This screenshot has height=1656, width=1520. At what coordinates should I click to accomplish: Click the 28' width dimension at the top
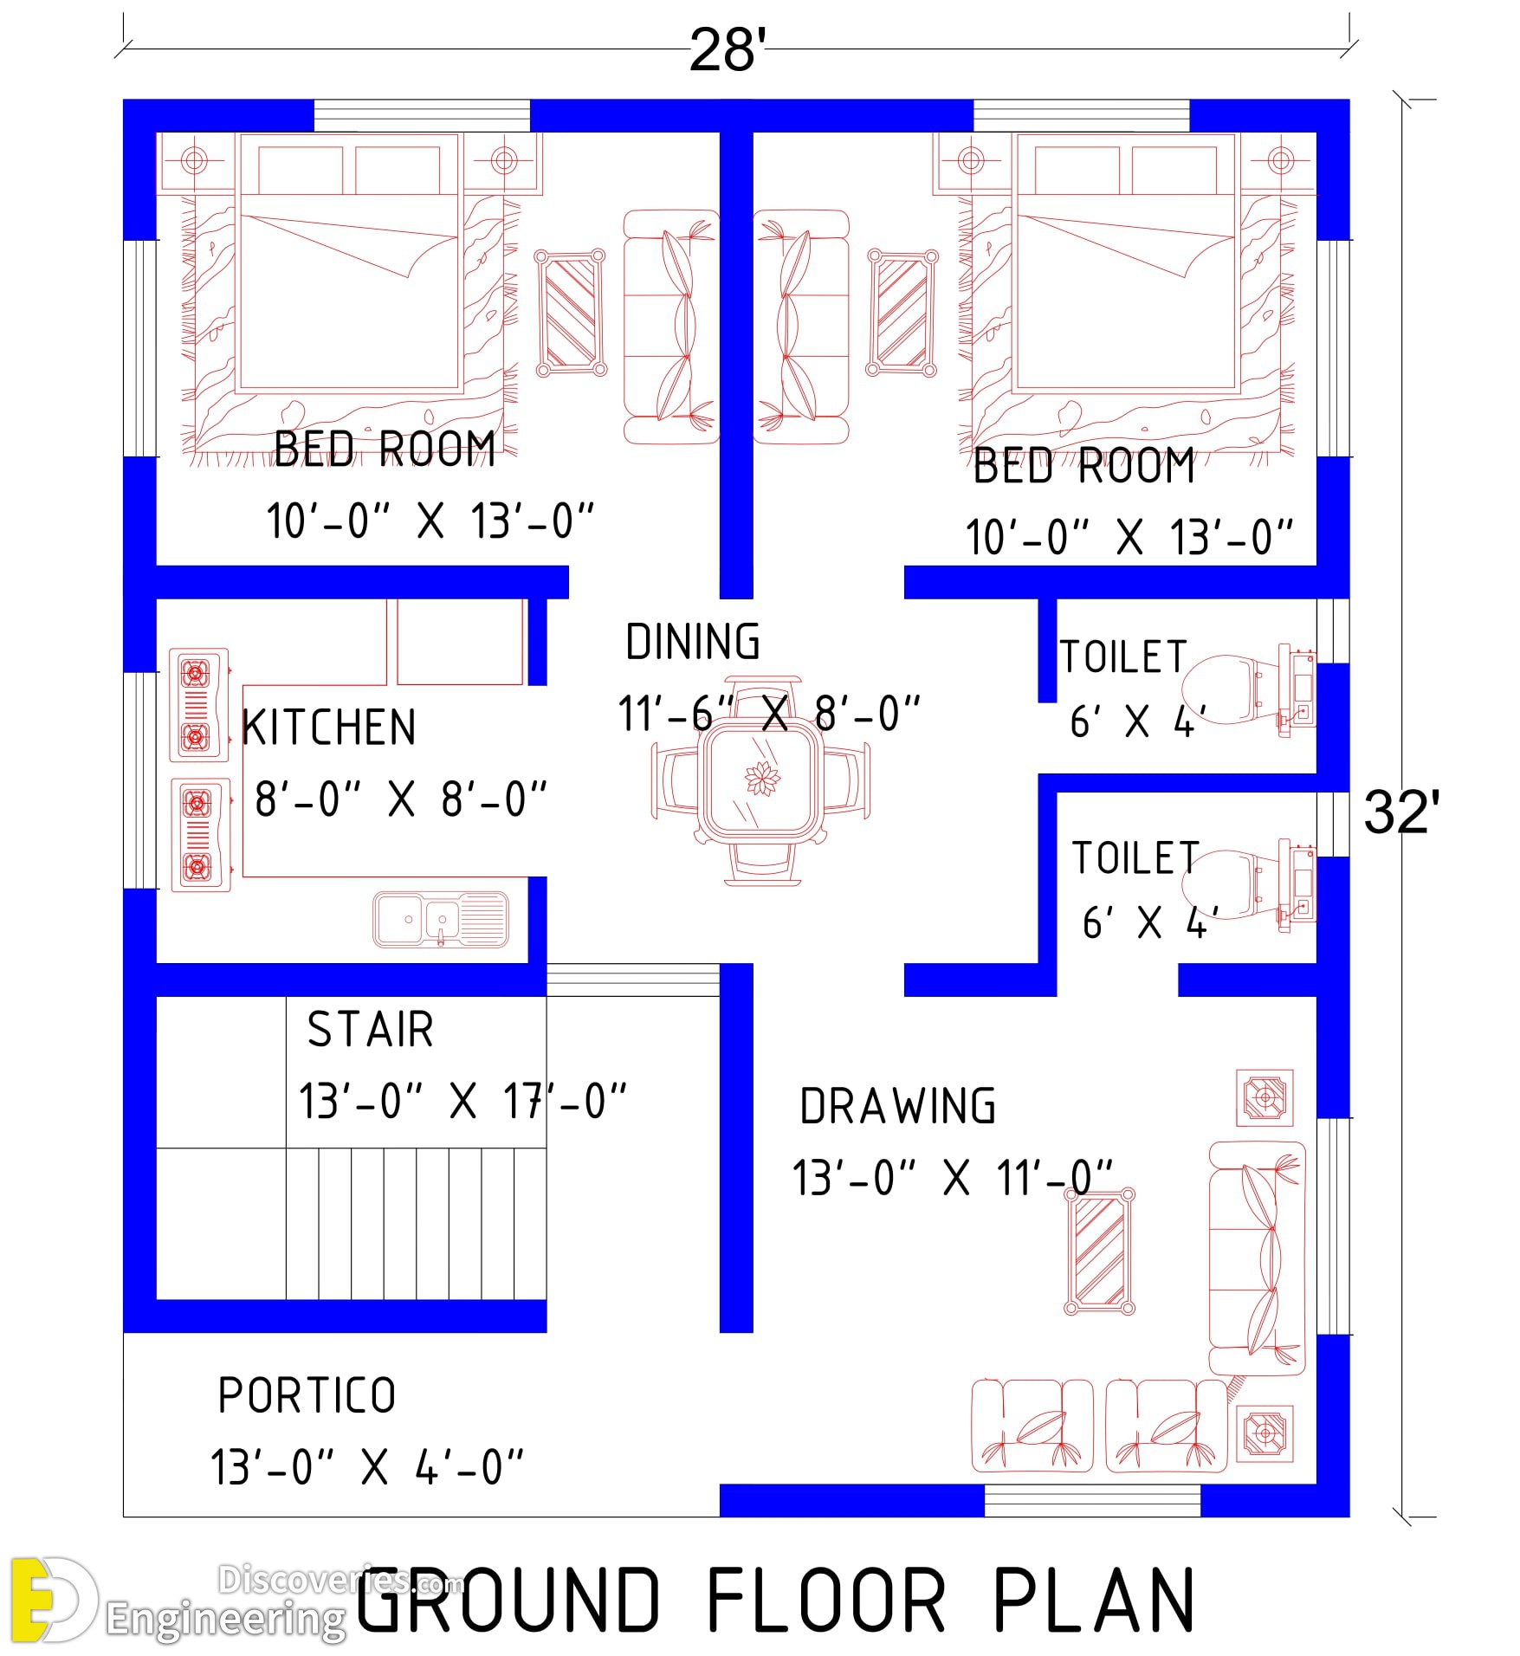[727, 50]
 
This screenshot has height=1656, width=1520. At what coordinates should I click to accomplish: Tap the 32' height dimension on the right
[1401, 812]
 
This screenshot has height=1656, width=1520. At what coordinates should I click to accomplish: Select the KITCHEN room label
[329, 728]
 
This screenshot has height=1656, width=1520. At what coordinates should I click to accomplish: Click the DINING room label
[693, 642]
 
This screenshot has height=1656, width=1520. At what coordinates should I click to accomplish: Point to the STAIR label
[371, 1030]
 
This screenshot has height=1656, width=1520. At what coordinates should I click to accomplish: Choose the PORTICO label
[307, 1396]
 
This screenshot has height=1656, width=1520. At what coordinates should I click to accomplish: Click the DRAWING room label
[898, 1107]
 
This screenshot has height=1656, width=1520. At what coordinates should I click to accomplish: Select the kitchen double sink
[441, 919]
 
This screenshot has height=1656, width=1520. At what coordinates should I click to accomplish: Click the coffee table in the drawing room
[1099, 1252]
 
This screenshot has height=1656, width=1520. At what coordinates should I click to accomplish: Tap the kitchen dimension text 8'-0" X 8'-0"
[401, 799]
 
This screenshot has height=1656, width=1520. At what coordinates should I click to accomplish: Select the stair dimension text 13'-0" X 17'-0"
[462, 1102]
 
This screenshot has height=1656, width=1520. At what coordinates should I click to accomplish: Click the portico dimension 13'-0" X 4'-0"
[367, 1468]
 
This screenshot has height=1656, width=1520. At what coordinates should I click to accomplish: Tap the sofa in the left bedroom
[671, 327]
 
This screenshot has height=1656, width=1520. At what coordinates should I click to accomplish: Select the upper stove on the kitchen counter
[199, 705]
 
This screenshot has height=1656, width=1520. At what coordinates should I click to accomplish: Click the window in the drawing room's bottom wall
[1092, 1501]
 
